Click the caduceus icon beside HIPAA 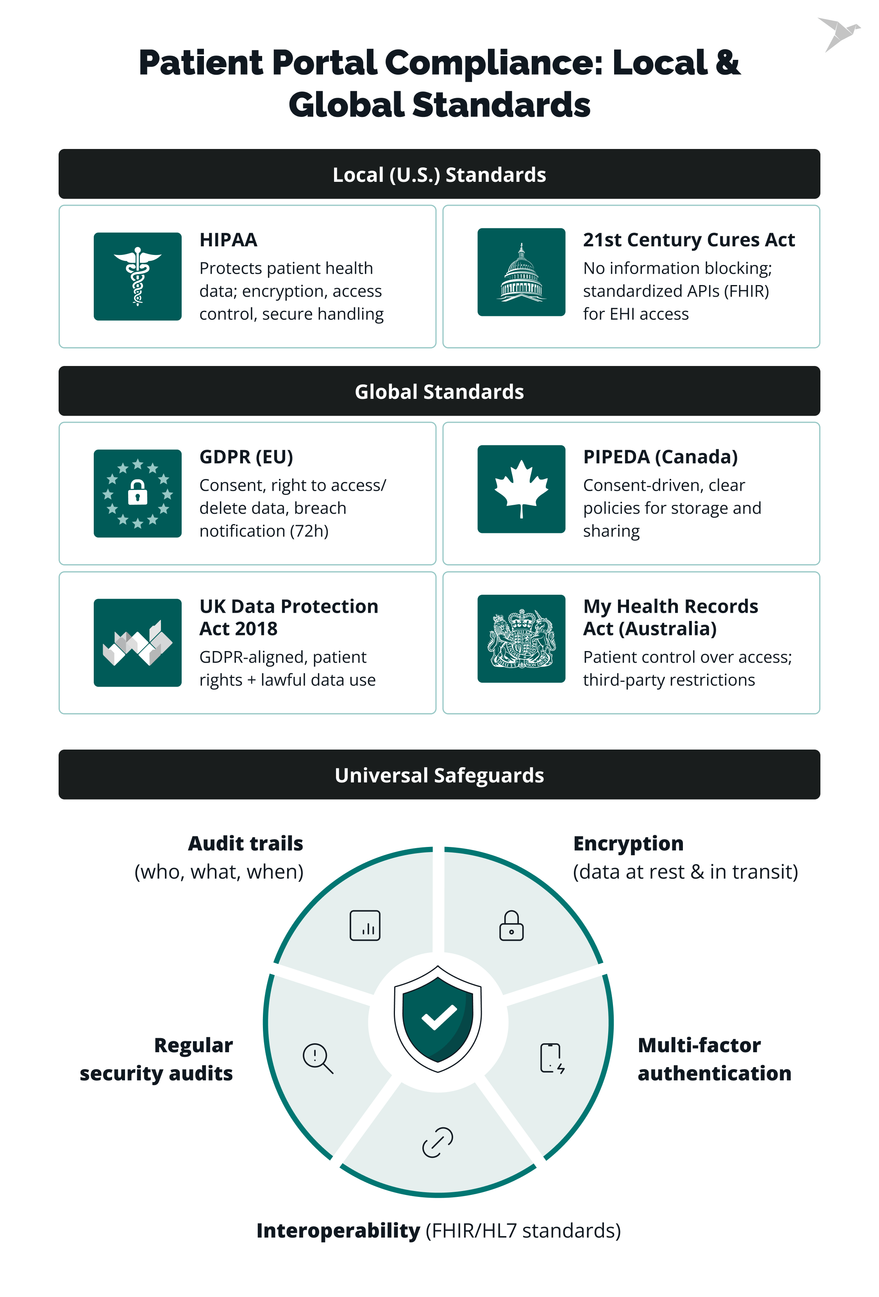[137, 276]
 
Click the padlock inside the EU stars [137, 493]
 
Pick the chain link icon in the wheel [438, 1142]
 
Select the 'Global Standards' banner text [439, 392]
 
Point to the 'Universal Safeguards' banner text [439, 775]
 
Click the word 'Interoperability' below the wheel [338, 1230]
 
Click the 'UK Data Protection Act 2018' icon [137, 642]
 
